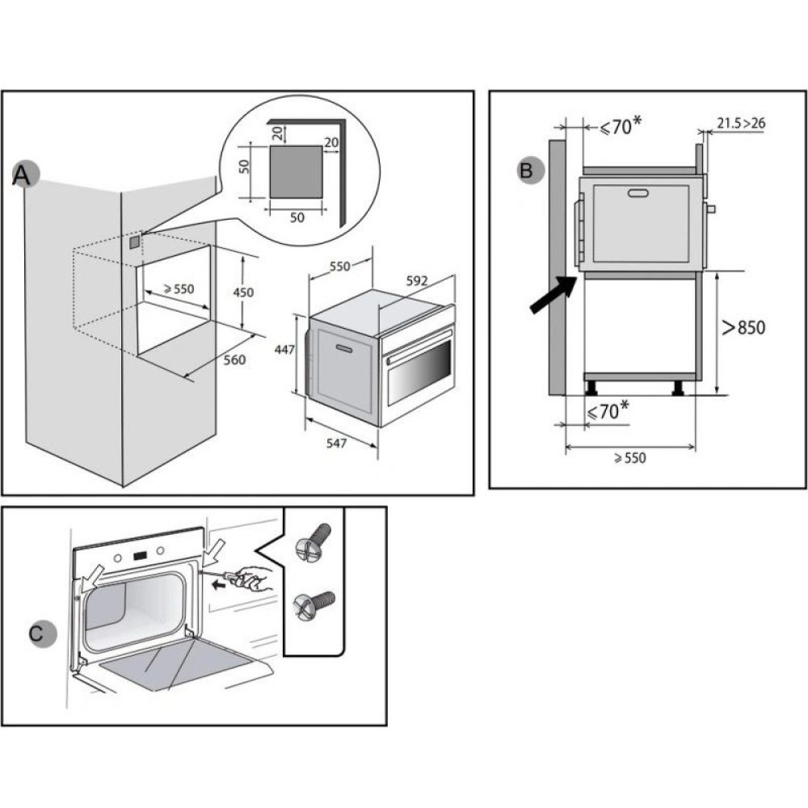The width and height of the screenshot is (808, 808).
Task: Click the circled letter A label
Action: (25, 175)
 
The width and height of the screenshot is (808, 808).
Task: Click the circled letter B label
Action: (526, 170)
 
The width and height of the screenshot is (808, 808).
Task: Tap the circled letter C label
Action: (37, 633)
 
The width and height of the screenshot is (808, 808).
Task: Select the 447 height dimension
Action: (282, 350)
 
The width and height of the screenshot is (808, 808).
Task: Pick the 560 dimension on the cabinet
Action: (234, 360)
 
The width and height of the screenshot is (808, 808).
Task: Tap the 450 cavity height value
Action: (243, 292)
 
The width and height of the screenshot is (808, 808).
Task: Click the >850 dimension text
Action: (743, 327)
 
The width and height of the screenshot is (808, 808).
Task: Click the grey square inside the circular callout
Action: (296, 170)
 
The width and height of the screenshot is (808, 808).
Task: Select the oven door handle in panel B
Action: (638, 193)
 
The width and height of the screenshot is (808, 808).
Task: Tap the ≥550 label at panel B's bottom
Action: (629, 457)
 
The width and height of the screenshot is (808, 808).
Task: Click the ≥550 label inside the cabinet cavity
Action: (178, 288)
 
